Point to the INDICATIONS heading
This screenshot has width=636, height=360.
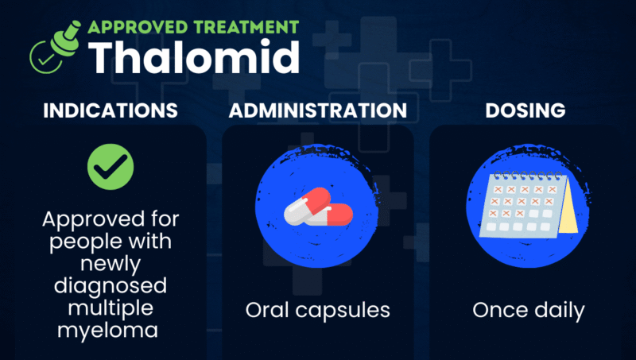pyautogui.click(x=110, y=110)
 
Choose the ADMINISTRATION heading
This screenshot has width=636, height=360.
pyautogui.click(x=317, y=110)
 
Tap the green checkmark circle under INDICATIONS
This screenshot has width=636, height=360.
pyautogui.click(x=110, y=167)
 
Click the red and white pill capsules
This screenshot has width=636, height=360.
pyautogui.click(x=318, y=209)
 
